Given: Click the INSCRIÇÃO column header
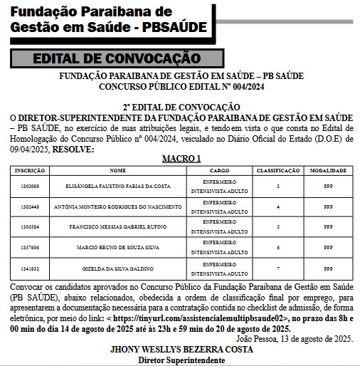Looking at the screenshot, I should (x=30, y=172).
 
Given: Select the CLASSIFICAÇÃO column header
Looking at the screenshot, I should (x=277, y=172).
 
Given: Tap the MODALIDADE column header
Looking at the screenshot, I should (x=328, y=172).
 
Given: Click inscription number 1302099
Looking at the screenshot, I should (x=30, y=187).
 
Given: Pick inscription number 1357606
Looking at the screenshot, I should (x=30, y=247).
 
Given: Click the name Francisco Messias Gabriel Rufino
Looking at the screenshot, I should (x=117, y=227).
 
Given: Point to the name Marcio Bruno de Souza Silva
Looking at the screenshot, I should (x=117, y=247).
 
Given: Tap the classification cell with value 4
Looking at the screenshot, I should (x=277, y=206).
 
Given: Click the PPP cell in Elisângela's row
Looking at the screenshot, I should (x=328, y=187).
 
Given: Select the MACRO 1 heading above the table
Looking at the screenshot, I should (x=181, y=159).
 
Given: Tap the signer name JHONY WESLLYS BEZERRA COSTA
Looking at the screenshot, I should (x=181, y=350).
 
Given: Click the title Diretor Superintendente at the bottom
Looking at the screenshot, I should (x=181, y=360).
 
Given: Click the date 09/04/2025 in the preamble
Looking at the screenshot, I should (x=30, y=150).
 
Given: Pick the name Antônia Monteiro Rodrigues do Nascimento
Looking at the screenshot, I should (x=117, y=206).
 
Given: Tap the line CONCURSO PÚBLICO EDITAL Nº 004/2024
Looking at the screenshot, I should (x=181, y=86).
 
